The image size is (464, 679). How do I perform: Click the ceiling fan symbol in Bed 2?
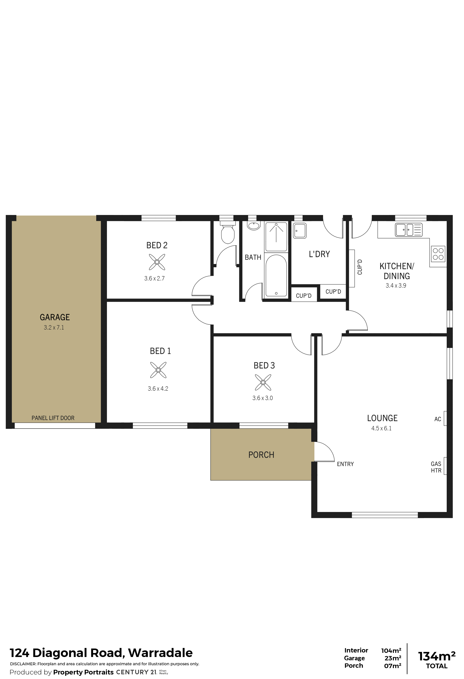(x=157, y=262)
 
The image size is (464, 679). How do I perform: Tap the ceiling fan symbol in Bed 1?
(x=158, y=370)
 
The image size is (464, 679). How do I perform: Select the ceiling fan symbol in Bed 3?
(x=263, y=382)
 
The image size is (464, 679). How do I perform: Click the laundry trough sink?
(x=300, y=231)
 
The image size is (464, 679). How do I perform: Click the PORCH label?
(x=261, y=455)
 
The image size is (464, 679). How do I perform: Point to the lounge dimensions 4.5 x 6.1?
(x=381, y=428)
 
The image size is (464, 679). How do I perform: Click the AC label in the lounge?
(x=438, y=419)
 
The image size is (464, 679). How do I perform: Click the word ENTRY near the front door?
(x=345, y=464)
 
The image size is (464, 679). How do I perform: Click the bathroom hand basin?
(x=254, y=226)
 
